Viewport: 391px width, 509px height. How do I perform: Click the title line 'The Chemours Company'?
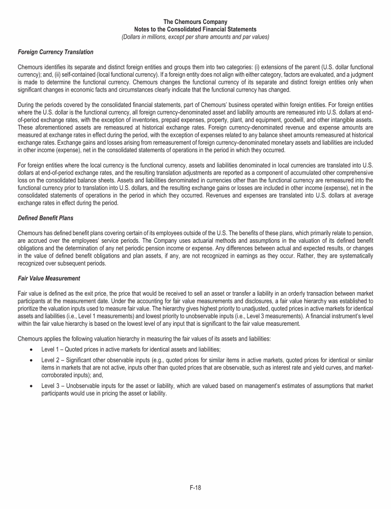click(x=195, y=22)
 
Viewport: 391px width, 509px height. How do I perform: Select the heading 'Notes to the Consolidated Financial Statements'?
click(x=195, y=30)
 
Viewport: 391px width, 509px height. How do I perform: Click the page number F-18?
click(x=195, y=487)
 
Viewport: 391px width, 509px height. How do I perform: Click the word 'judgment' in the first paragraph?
click(x=363, y=74)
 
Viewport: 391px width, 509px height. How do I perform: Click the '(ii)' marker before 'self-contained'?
click(x=50, y=74)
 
